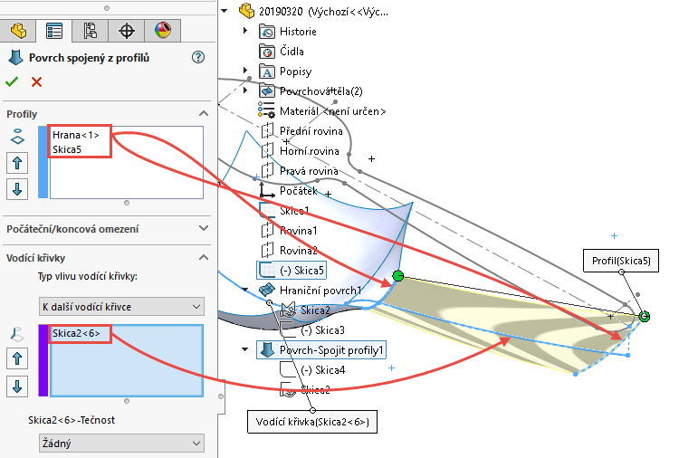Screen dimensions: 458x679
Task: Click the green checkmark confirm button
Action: click(x=13, y=81)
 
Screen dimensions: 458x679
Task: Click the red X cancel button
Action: click(x=36, y=81)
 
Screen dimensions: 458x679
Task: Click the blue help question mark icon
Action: click(x=198, y=57)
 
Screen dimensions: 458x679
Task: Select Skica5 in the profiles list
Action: click(x=68, y=148)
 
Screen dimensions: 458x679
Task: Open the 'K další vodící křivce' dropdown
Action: click(x=120, y=307)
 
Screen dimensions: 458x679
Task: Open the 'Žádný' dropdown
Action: click(x=120, y=443)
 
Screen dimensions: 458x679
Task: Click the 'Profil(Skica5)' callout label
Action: click(x=620, y=261)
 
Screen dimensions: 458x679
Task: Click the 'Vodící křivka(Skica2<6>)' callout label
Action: click(x=312, y=422)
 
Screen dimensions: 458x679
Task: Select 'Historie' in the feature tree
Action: click(x=298, y=31)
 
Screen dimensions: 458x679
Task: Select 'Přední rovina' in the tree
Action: click(x=310, y=130)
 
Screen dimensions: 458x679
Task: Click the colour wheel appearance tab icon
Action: click(x=163, y=30)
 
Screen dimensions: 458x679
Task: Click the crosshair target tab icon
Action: click(x=127, y=30)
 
